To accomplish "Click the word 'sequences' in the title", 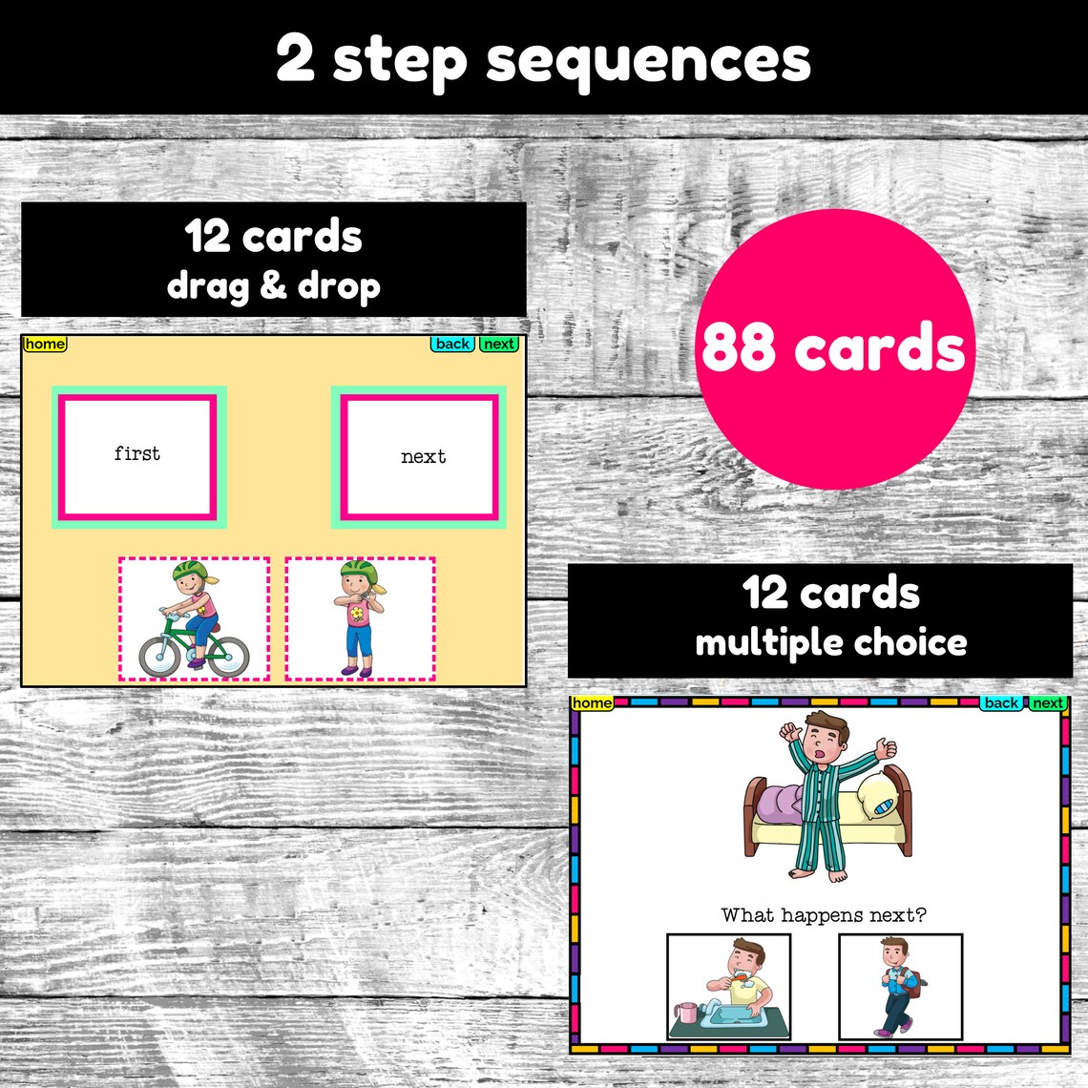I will pyautogui.click(x=648, y=60).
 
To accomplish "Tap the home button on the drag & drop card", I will pyautogui.click(x=45, y=344).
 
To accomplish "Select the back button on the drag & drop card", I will pyautogui.click(x=452, y=344).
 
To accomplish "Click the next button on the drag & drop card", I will pyautogui.click(x=498, y=344).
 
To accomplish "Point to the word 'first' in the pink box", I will pyautogui.click(x=137, y=453).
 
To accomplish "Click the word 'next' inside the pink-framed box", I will pyautogui.click(x=423, y=456).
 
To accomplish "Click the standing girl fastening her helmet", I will pyautogui.click(x=360, y=617).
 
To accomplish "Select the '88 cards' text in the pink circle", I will pyautogui.click(x=833, y=347).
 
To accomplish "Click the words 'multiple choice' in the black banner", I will pyautogui.click(x=830, y=642).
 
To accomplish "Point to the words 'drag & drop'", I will pyautogui.click(x=273, y=285).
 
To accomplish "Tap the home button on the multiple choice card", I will pyautogui.click(x=592, y=703).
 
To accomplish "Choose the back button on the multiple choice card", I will pyautogui.click(x=1001, y=703).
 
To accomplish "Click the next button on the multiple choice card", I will pyautogui.click(x=1047, y=703).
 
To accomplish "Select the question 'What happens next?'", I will pyautogui.click(x=823, y=915).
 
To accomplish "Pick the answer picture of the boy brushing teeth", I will pyautogui.click(x=729, y=987).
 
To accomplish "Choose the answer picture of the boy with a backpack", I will pyautogui.click(x=900, y=987).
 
